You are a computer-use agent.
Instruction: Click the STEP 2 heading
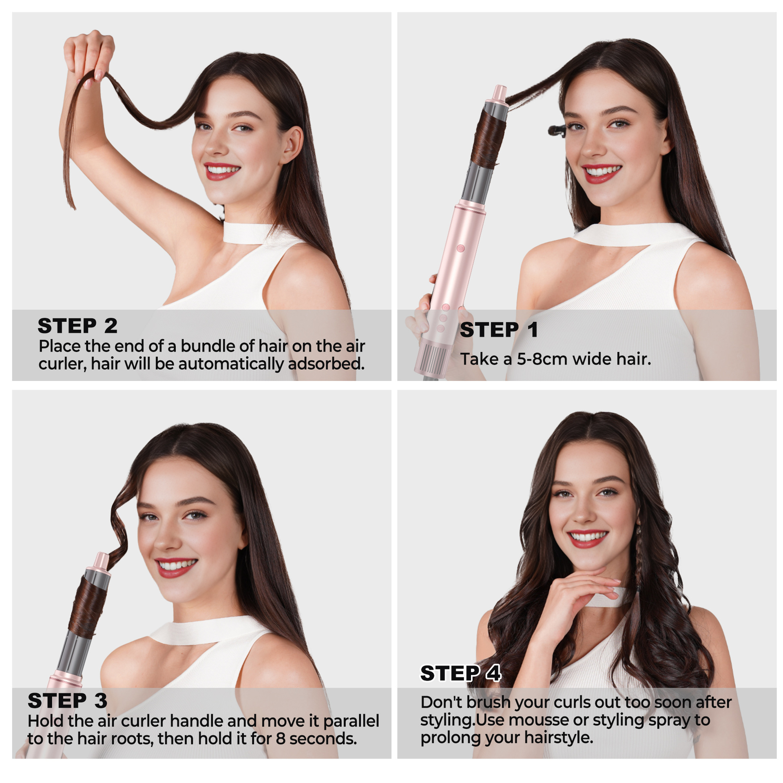[77, 326]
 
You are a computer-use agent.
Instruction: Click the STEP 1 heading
[499, 330]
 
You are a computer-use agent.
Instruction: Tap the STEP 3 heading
[67, 701]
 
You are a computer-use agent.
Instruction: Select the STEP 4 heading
[460, 673]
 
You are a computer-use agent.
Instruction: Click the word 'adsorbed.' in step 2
[326, 364]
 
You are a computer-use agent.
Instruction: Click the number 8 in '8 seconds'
[280, 739]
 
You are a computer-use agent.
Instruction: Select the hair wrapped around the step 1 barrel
[489, 138]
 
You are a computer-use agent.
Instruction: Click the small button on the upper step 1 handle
[461, 248]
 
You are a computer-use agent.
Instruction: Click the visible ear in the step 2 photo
[293, 144]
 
